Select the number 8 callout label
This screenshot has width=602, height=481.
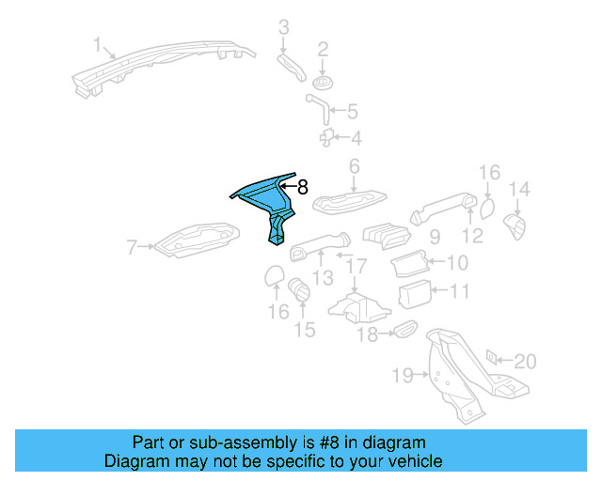click(303, 187)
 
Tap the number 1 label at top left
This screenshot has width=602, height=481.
click(96, 44)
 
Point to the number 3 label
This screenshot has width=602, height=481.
click(283, 26)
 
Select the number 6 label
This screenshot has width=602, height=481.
click(355, 167)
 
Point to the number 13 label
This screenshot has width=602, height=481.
click(323, 277)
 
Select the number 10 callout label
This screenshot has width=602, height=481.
click(456, 262)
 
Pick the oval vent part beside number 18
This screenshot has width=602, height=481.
click(405, 329)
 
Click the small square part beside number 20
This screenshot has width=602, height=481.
click(491, 358)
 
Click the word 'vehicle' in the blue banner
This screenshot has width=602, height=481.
click(412, 462)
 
